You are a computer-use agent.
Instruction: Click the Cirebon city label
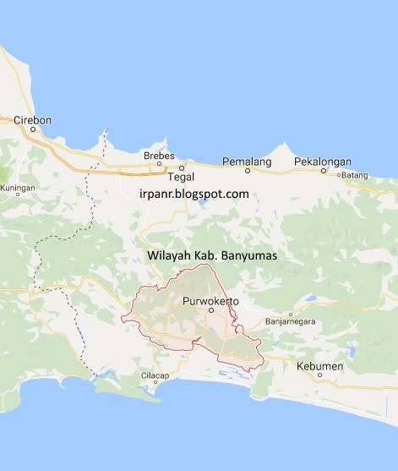[32, 120]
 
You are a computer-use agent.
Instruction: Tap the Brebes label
[159, 156]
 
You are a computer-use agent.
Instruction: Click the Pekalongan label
[322, 161]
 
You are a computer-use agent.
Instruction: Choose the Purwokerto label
[210, 300]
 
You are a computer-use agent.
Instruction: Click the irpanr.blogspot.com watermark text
[194, 194]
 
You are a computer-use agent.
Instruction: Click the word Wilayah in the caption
[168, 254]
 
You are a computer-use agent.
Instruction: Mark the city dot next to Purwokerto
[211, 310]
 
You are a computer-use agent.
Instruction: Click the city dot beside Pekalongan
[323, 170]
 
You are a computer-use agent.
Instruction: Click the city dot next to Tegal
[181, 167]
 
